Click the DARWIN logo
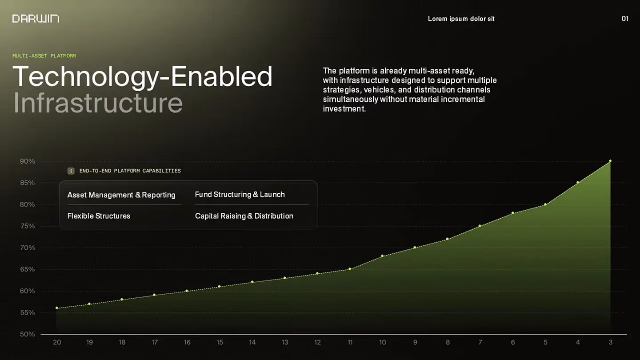point(36,19)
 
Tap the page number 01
point(625,19)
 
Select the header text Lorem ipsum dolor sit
point(461,19)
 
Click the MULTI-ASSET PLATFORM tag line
point(44,56)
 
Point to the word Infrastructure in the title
point(98,103)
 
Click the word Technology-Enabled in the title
point(143,76)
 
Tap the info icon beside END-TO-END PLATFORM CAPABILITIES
point(71,171)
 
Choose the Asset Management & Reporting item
point(121,195)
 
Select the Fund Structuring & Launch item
point(240,195)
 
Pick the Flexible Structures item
point(99,216)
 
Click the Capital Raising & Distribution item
point(244,216)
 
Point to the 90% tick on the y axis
point(28,161)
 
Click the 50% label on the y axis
point(28,334)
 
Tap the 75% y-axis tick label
point(28,226)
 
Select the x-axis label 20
point(57,342)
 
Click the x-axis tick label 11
point(350,342)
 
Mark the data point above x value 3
point(610,161)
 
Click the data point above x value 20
point(57,308)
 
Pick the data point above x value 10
point(382,256)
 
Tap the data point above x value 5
point(545,204)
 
